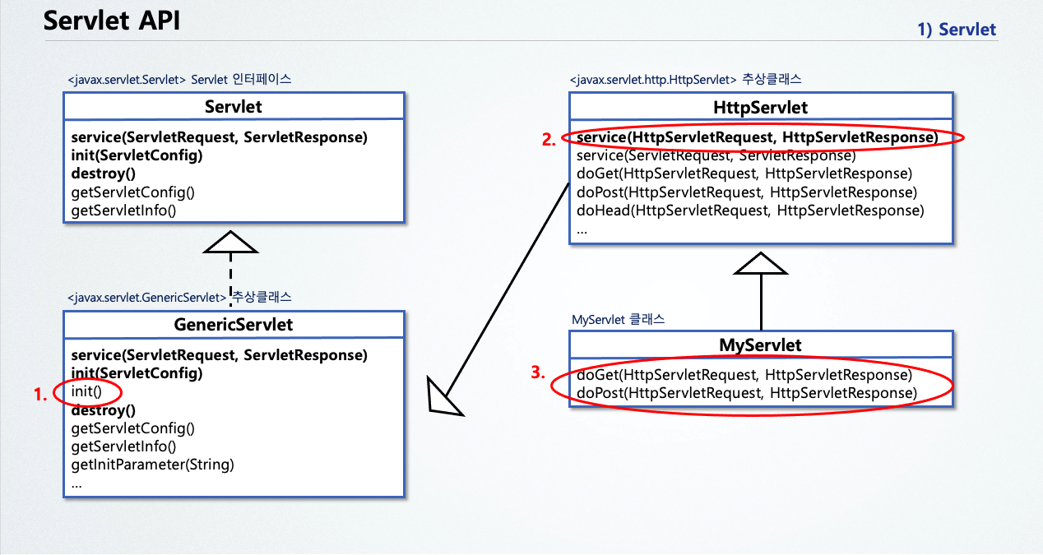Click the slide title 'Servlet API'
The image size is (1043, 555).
[x=111, y=21]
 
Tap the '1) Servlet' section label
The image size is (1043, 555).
[x=957, y=30]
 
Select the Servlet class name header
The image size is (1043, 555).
[x=234, y=107]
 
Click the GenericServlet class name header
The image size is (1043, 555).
[x=234, y=325]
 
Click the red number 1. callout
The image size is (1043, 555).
[x=40, y=394]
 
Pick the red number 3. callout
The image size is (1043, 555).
[x=538, y=372]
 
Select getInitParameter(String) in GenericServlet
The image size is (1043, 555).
[x=153, y=465]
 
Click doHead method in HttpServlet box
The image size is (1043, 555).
[x=749, y=210]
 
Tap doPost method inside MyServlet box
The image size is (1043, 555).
[x=746, y=393]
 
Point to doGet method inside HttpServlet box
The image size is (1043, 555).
[x=744, y=173]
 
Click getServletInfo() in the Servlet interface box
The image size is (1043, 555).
[x=124, y=210]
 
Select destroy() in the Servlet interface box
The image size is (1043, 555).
[x=104, y=173]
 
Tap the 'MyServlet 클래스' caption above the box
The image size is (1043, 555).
[x=618, y=318]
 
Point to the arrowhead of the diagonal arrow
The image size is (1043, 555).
[x=443, y=399]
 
